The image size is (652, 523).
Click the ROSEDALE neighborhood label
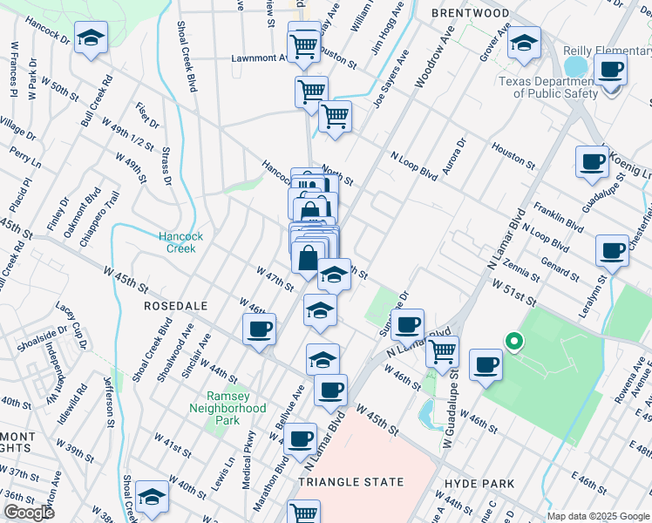click(x=175, y=306)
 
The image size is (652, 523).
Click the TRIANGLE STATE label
click(x=351, y=482)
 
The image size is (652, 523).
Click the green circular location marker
click(x=514, y=343)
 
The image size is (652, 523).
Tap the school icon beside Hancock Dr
click(x=91, y=39)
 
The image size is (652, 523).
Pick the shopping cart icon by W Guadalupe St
click(x=443, y=350)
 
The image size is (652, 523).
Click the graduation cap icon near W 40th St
click(x=153, y=497)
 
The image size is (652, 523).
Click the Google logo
click(x=29, y=513)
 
